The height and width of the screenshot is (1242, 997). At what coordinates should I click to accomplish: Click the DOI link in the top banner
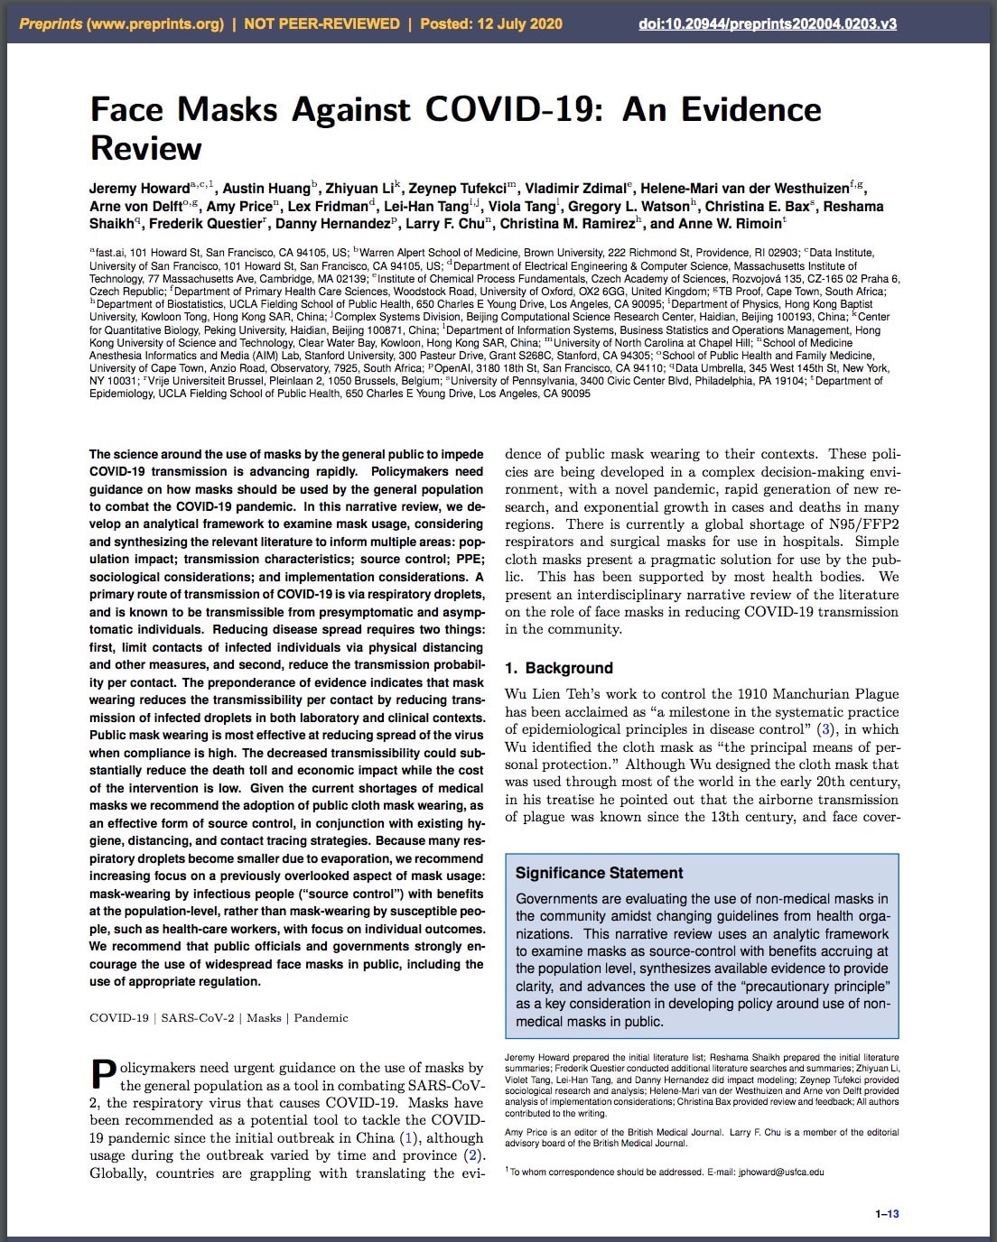[x=767, y=23]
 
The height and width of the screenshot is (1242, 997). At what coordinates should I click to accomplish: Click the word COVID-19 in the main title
[x=509, y=109]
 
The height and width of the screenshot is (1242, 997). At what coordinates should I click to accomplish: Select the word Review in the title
[x=145, y=148]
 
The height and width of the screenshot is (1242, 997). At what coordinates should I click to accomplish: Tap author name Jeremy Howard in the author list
[x=139, y=189]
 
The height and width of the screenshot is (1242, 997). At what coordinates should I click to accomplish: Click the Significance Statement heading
[x=599, y=873]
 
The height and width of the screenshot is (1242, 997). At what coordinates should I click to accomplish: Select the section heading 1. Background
[x=558, y=668]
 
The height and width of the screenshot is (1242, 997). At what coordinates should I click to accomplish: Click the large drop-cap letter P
[x=103, y=1075]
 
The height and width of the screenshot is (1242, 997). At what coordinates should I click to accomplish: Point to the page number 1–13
[x=887, y=1214]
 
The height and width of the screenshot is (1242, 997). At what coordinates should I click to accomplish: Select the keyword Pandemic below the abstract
[x=321, y=1018]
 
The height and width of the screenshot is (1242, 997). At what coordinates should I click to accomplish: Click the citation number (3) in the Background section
[x=825, y=729]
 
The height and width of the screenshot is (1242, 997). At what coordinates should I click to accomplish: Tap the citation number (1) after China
[x=408, y=1138]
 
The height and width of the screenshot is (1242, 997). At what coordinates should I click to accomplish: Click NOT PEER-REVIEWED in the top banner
[x=321, y=23]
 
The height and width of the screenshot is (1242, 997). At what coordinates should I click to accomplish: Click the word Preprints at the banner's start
[x=51, y=23]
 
